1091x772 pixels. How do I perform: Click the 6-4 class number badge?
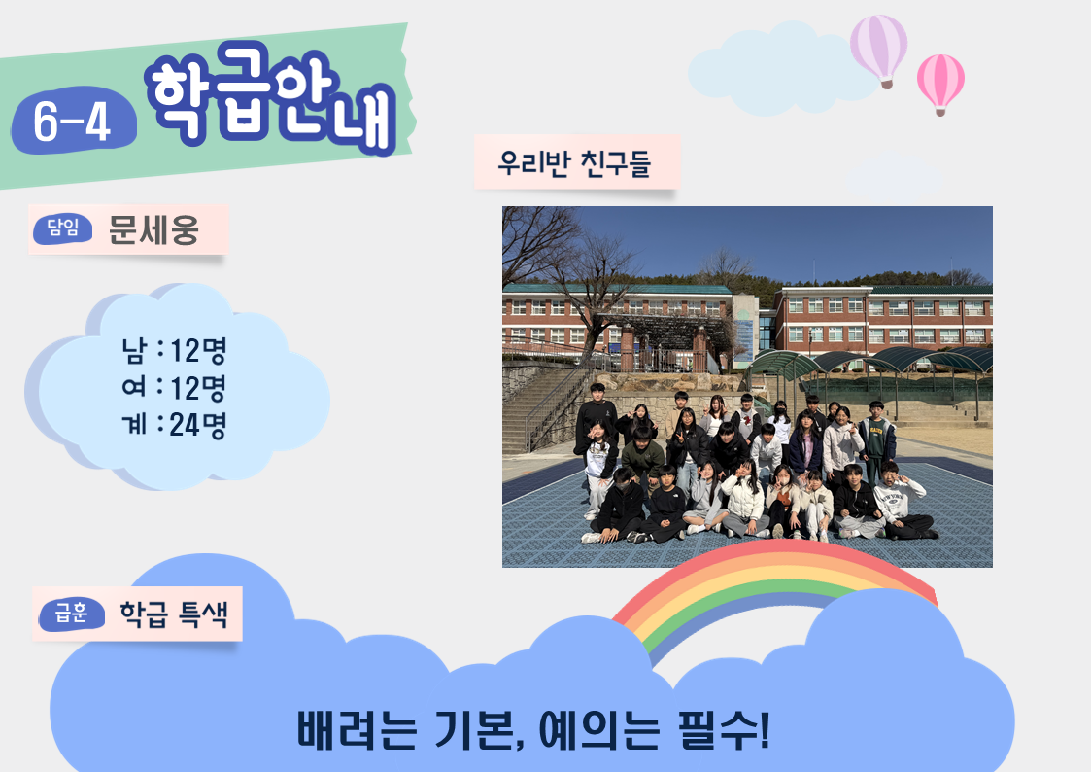(74, 121)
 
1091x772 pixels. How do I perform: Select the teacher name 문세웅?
(153, 229)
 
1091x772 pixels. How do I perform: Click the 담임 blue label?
(62, 229)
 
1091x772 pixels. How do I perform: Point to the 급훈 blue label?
(72, 614)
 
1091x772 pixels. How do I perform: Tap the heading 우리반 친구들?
(574, 163)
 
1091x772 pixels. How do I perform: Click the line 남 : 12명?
(174, 350)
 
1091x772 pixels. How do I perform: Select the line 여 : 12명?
(174, 388)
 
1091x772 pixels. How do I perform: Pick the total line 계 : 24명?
(174, 425)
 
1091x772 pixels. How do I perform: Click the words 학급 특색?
(174, 614)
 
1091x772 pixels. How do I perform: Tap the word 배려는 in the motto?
(357, 729)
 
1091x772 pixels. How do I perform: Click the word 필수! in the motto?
(725, 729)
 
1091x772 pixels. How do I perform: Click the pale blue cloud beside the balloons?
(779, 70)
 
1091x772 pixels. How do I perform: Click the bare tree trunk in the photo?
(593, 328)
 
